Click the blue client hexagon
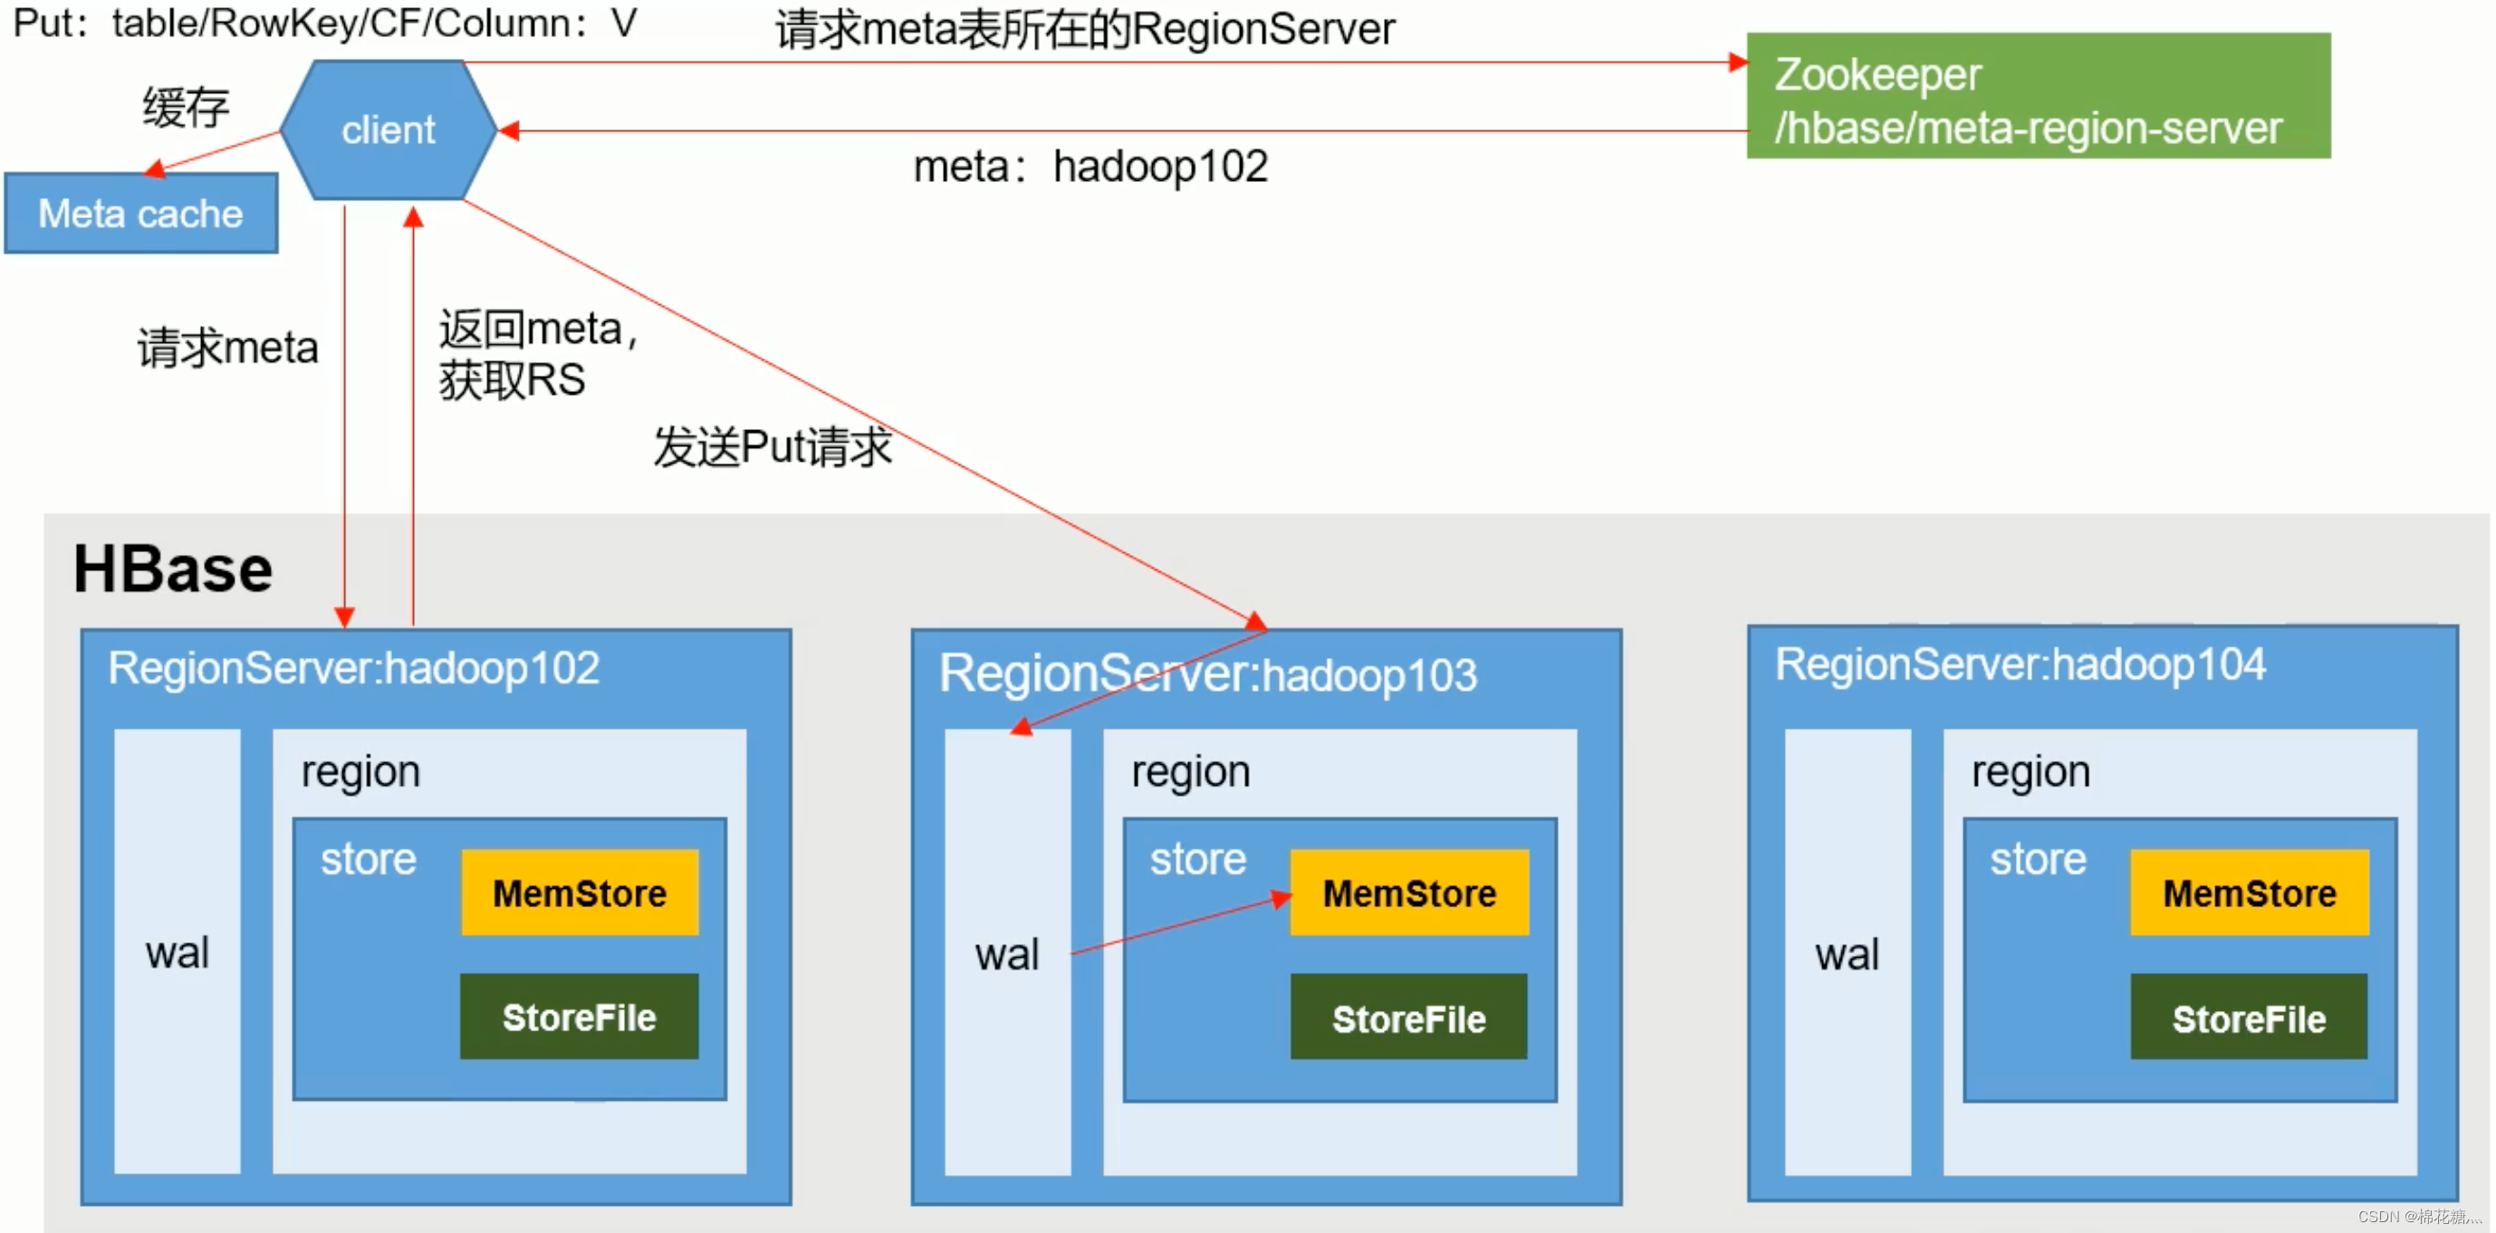(x=389, y=129)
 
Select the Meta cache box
(x=140, y=213)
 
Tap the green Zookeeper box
(x=2037, y=96)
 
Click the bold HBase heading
(x=172, y=569)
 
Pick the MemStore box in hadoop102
(x=580, y=892)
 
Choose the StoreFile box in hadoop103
(x=1408, y=1017)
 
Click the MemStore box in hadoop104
(x=2248, y=892)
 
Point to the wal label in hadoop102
(x=178, y=952)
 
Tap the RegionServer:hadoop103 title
(x=1207, y=674)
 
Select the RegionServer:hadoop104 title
(x=2020, y=664)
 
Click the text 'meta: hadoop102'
(x=1090, y=167)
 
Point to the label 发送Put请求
(x=773, y=446)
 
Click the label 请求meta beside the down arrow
(x=227, y=347)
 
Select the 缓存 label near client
(x=186, y=107)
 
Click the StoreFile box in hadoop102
(x=579, y=1017)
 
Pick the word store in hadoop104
(x=2037, y=859)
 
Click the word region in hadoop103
(x=1190, y=772)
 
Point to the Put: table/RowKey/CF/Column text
(x=324, y=24)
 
